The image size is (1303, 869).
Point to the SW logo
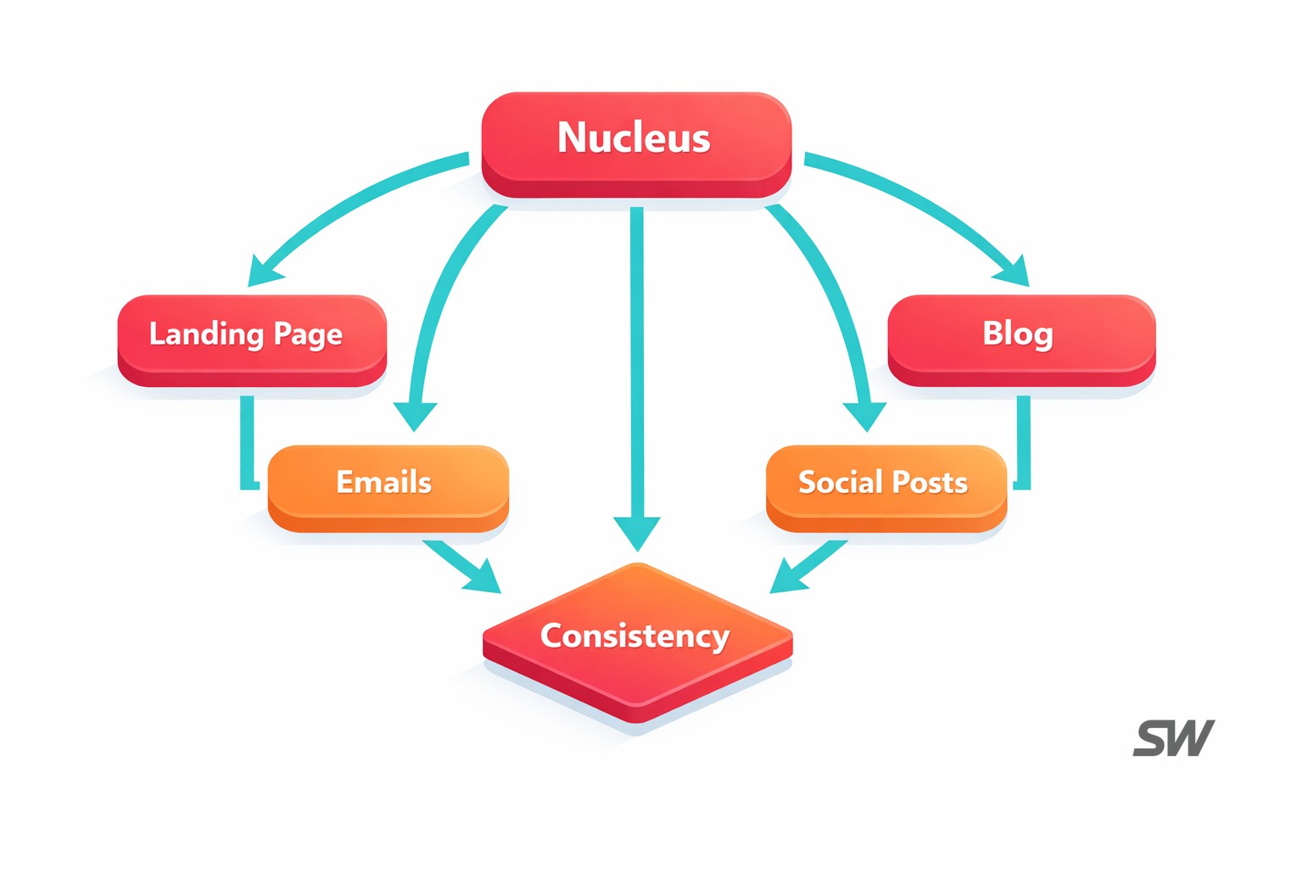1174,738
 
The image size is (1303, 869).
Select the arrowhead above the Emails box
415,416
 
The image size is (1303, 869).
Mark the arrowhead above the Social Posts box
864,416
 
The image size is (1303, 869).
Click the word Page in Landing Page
308,335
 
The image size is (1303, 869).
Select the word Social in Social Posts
840,482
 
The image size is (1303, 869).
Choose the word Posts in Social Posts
929,482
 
